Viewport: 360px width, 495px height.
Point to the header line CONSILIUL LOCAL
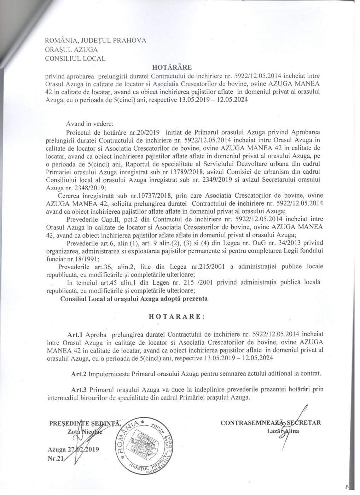click(x=75, y=59)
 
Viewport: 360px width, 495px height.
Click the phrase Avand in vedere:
click(x=89, y=124)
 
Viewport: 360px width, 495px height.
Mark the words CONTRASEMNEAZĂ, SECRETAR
click(x=271, y=422)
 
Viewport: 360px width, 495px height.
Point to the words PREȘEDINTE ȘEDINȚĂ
click(x=85, y=423)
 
